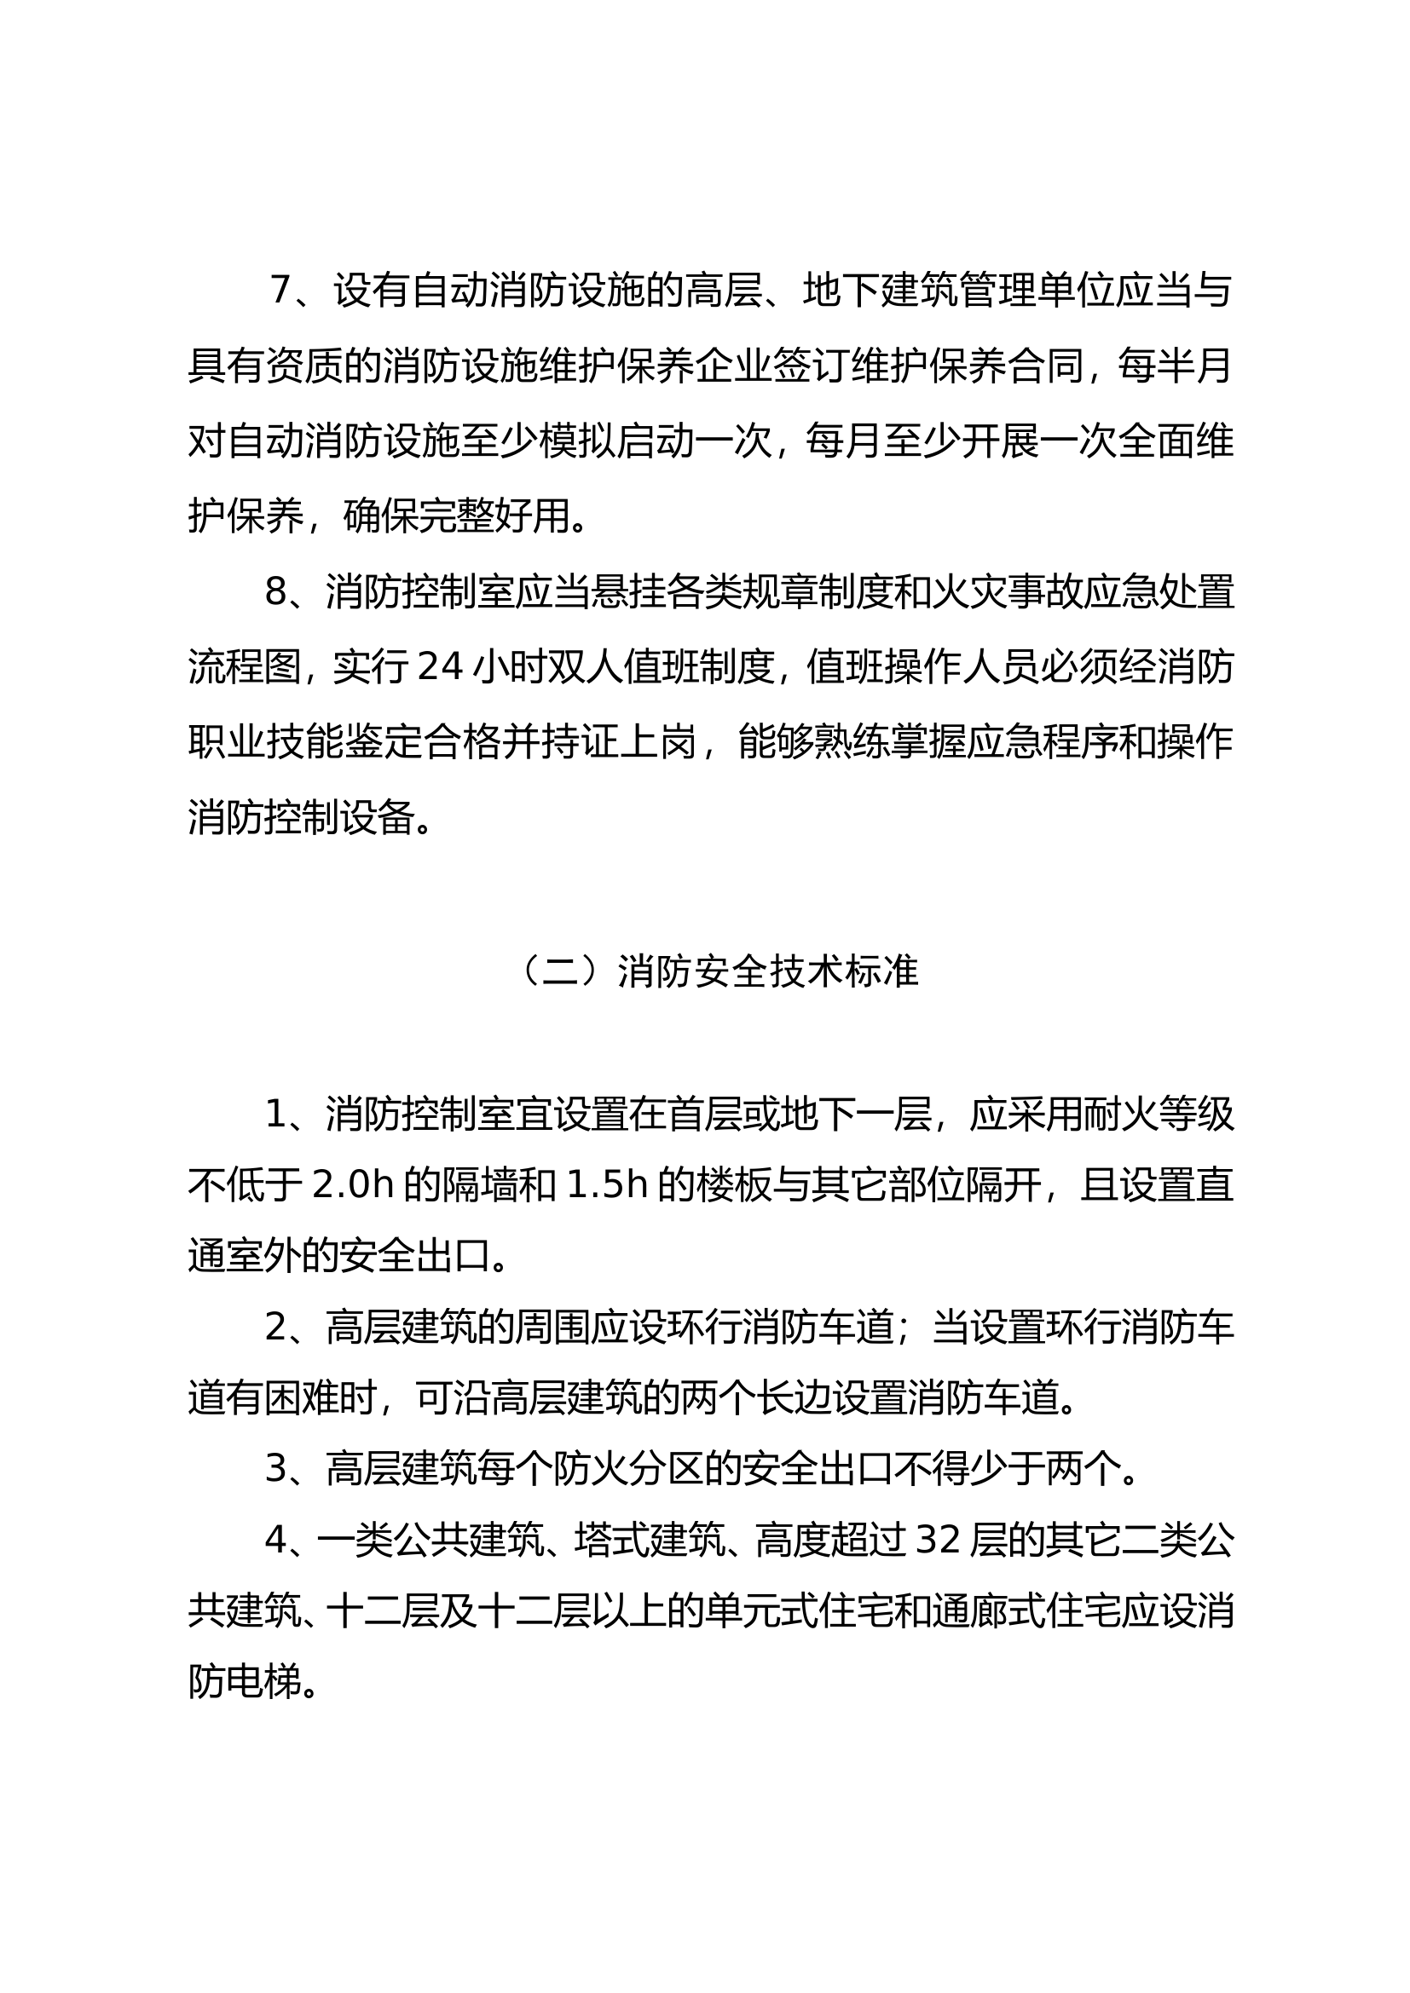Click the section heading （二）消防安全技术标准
pos(718,972)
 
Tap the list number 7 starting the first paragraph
pos(280,290)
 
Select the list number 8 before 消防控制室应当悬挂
pos(275,592)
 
